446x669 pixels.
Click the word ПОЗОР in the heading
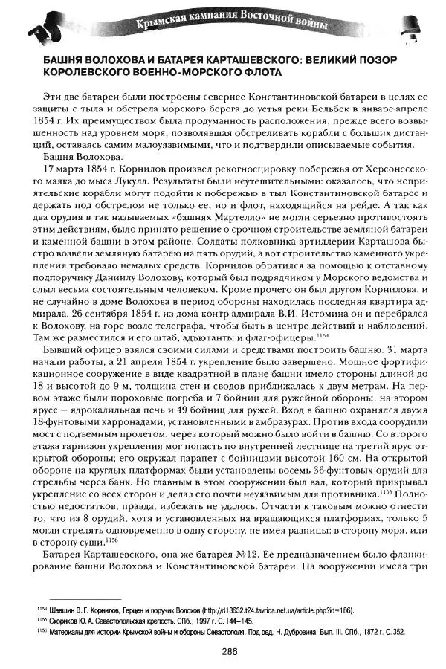[397, 59]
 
